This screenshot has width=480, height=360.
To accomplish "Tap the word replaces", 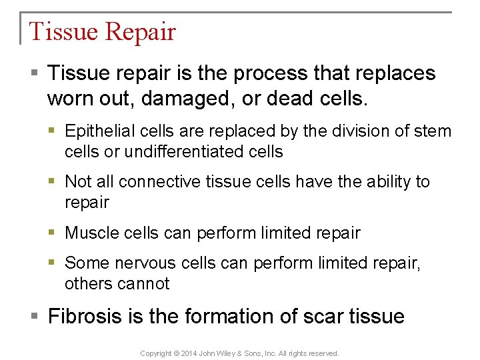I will click(393, 73).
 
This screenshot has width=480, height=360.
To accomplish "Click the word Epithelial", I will click(99, 131).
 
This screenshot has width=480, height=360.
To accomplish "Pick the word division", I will click(353, 131).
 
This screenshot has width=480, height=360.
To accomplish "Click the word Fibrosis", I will click(87, 315).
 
